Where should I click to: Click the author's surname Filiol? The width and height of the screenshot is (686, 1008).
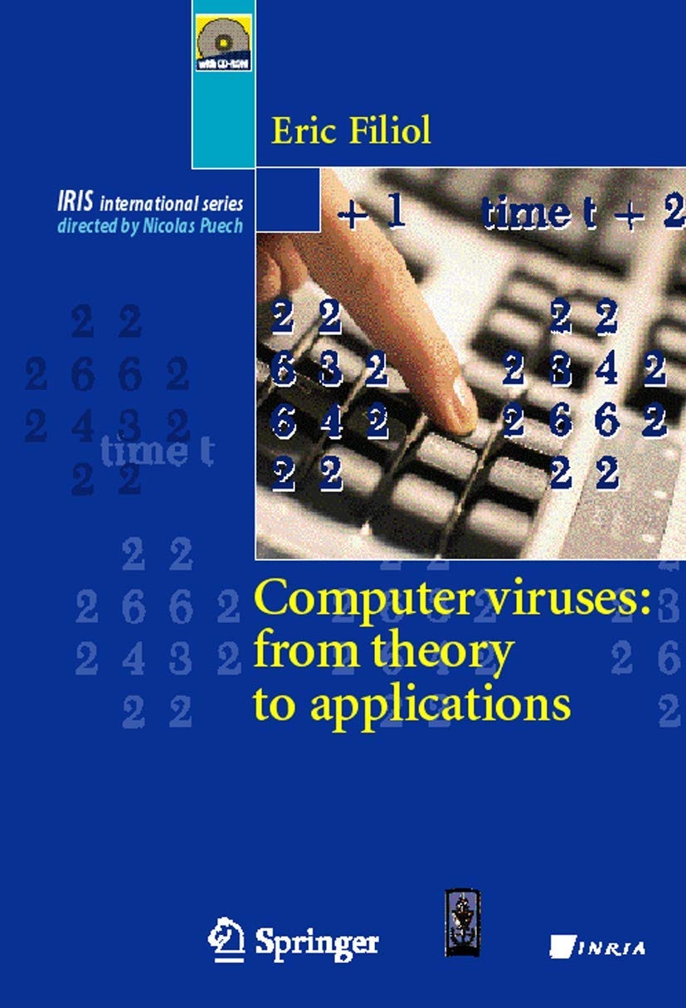coord(385,130)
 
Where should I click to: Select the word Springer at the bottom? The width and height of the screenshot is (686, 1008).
coord(316,942)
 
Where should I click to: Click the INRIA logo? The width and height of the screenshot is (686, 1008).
coord(597,947)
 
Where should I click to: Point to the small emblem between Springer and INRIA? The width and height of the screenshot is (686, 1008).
coord(462,922)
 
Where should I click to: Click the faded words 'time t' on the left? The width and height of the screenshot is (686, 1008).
coord(157,452)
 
